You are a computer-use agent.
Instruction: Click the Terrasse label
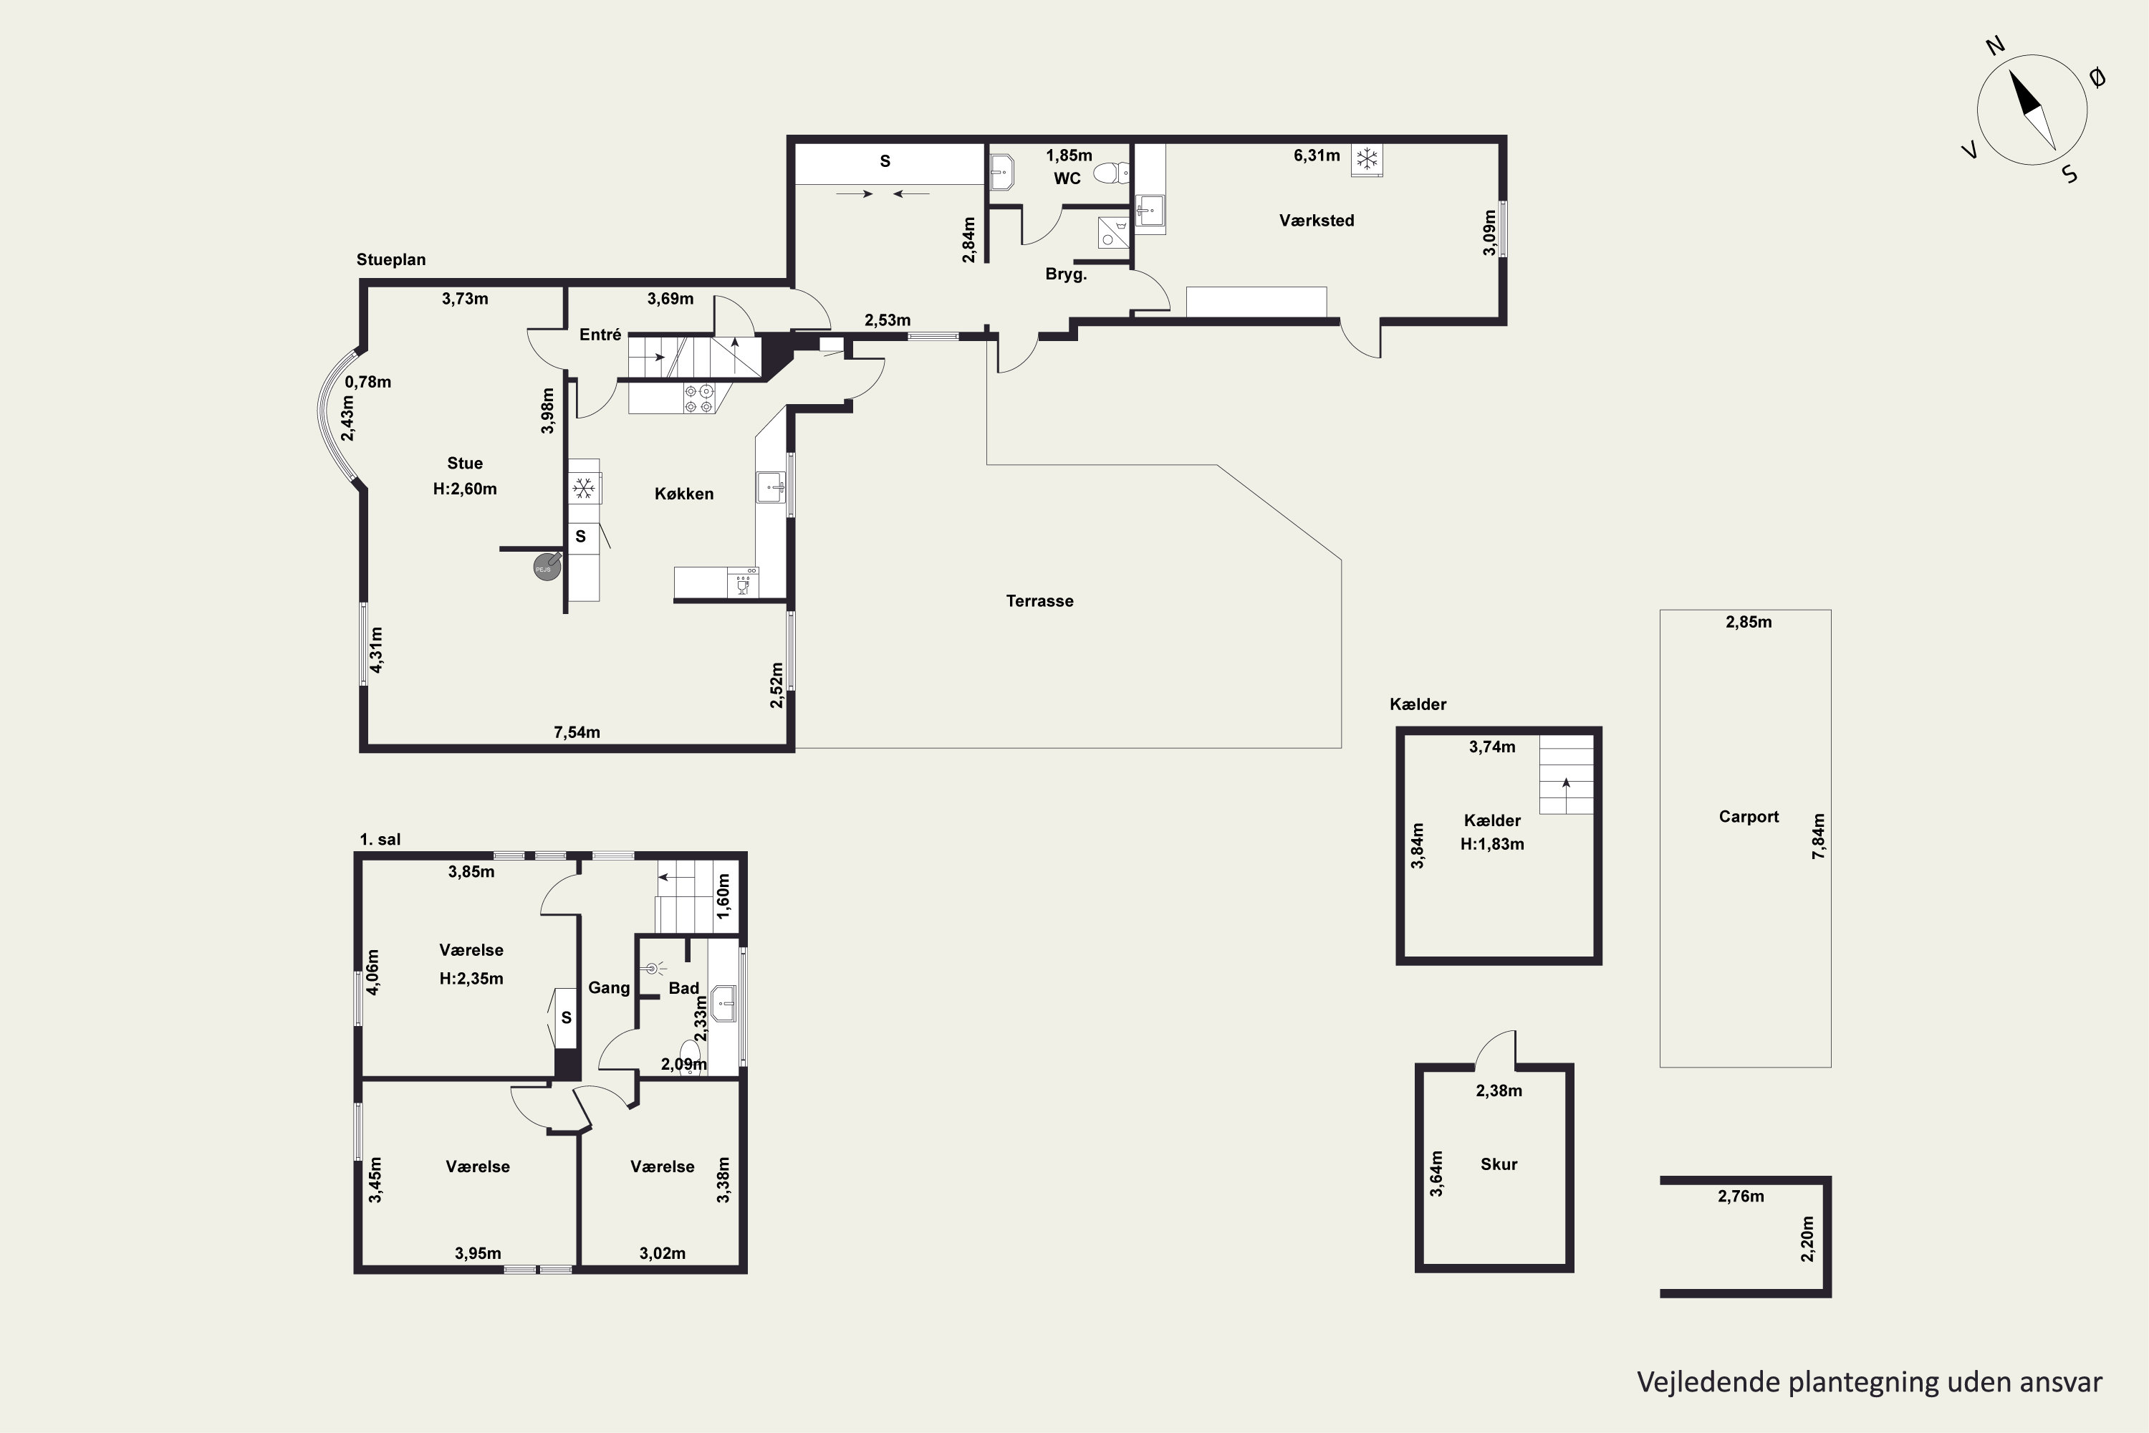coord(1040,601)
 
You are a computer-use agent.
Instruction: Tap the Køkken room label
coord(683,494)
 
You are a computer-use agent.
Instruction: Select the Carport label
coord(1749,817)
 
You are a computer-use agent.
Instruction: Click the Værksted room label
coord(1317,220)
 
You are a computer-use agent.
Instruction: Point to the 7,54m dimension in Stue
coord(577,732)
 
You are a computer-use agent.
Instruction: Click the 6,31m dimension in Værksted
coord(1317,155)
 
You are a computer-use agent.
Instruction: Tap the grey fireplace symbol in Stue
coord(545,567)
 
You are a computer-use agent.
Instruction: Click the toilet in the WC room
coord(1111,172)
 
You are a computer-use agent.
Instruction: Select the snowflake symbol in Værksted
coord(1367,160)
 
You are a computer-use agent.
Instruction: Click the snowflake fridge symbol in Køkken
coord(584,489)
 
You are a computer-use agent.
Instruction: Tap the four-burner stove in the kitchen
coord(699,398)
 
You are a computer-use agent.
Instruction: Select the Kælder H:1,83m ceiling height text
coord(1492,845)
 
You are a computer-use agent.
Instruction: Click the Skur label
coord(1499,1164)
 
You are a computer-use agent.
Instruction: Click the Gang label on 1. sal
coord(608,988)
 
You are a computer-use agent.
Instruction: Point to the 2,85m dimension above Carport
coord(1749,623)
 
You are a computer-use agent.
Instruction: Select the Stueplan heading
coord(391,259)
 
